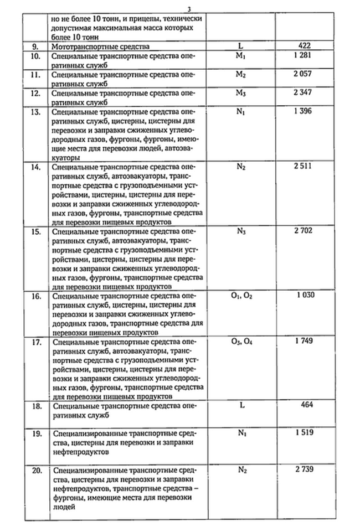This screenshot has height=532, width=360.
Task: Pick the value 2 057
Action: point(304,74)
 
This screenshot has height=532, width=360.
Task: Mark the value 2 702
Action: point(304,230)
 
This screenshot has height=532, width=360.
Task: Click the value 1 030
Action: point(305,295)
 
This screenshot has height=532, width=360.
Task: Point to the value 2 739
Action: point(305,469)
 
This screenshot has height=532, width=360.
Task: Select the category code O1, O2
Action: point(241,296)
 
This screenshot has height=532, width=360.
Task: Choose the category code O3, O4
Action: point(241,341)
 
